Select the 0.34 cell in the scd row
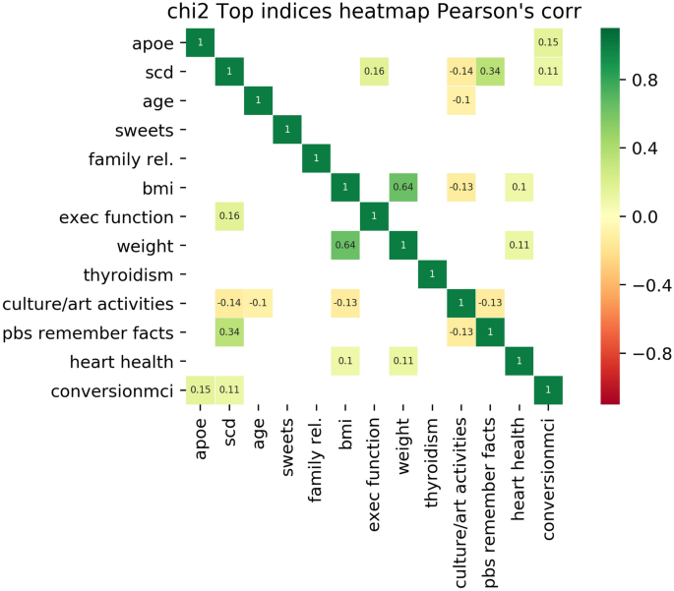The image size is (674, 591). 490,72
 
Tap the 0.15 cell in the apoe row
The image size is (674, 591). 548,43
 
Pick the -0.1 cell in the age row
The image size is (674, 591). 460,101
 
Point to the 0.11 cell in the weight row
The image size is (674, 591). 519,245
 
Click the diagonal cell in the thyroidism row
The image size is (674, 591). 432,273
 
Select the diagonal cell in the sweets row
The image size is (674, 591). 287,130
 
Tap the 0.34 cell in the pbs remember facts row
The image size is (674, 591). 229,331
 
